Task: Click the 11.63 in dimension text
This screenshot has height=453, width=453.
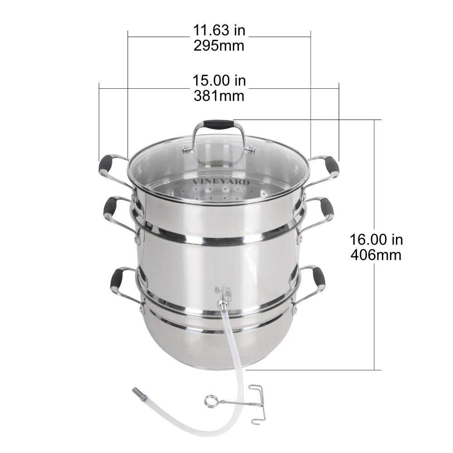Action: [219, 31]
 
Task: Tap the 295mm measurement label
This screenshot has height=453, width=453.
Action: [219, 45]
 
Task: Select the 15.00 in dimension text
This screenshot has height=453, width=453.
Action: [219, 81]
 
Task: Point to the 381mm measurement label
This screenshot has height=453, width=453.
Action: [219, 96]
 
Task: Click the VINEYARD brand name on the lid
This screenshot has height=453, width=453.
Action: [221, 182]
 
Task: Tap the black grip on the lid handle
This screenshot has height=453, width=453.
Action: [218, 123]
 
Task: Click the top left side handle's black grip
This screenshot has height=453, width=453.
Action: [107, 164]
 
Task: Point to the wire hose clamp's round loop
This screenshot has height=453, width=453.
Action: [210, 400]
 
